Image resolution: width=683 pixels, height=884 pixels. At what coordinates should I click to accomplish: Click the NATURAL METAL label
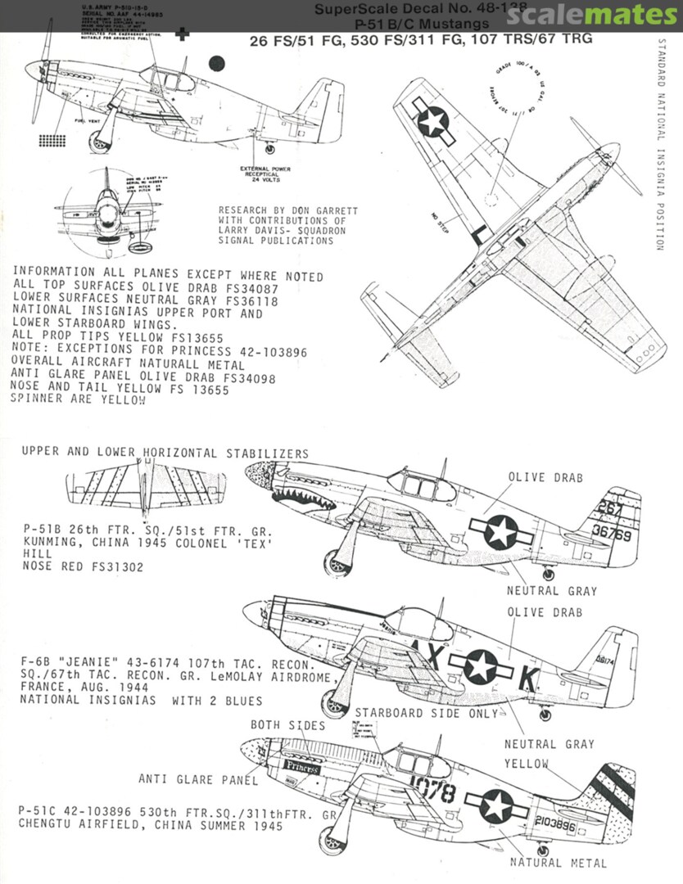[559, 863]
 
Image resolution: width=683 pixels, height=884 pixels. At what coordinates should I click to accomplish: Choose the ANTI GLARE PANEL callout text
[198, 779]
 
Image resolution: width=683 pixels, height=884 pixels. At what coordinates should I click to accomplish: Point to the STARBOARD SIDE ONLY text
[426, 713]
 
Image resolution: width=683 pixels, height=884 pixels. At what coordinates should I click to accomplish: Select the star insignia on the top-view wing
[432, 122]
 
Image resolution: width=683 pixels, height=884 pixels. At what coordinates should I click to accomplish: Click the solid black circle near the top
[217, 63]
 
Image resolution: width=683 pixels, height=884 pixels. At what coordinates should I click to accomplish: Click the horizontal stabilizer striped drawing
[146, 489]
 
